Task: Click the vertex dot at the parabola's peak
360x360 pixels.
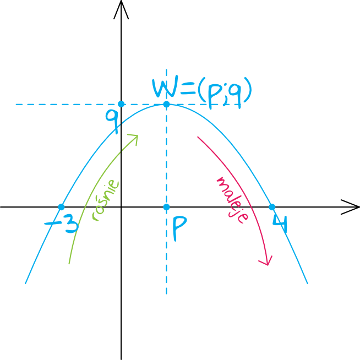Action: tap(166, 105)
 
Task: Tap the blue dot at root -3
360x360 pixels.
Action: tap(61, 207)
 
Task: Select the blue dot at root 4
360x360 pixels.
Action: tap(272, 207)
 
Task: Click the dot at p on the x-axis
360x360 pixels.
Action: tap(166, 207)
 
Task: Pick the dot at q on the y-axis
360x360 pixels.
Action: tap(121, 104)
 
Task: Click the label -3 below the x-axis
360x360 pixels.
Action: tap(62, 224)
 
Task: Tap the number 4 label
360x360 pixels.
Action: tap(280, 224)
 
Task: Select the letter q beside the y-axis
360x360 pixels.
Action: tap(112, 121)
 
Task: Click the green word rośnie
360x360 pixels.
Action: tap(105, 200)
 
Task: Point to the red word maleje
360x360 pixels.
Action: tap(232, 200)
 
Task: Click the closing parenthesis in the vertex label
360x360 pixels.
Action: tap(248, 90)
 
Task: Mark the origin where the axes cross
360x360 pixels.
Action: tap(121, 207)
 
